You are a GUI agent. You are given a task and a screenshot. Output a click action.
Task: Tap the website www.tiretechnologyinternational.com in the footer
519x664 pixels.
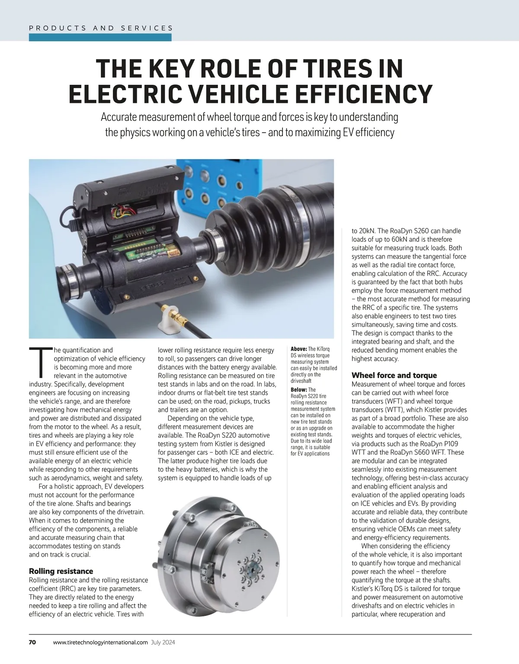[100, 642]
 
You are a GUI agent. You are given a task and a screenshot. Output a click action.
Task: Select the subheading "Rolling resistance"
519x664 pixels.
[61, 571]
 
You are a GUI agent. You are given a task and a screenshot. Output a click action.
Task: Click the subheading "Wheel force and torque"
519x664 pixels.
[394, 375]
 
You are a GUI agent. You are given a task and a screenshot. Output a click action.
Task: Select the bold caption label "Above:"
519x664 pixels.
[299, 349]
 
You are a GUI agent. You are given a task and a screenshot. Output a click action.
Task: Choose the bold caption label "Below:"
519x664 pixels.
[299, 390]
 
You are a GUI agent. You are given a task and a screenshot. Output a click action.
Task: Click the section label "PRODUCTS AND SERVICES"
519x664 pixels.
[101, 28]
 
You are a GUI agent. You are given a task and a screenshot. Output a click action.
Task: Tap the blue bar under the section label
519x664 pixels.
[100, 38]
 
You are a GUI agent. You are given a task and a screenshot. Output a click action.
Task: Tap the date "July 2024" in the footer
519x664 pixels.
[163, 642]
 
